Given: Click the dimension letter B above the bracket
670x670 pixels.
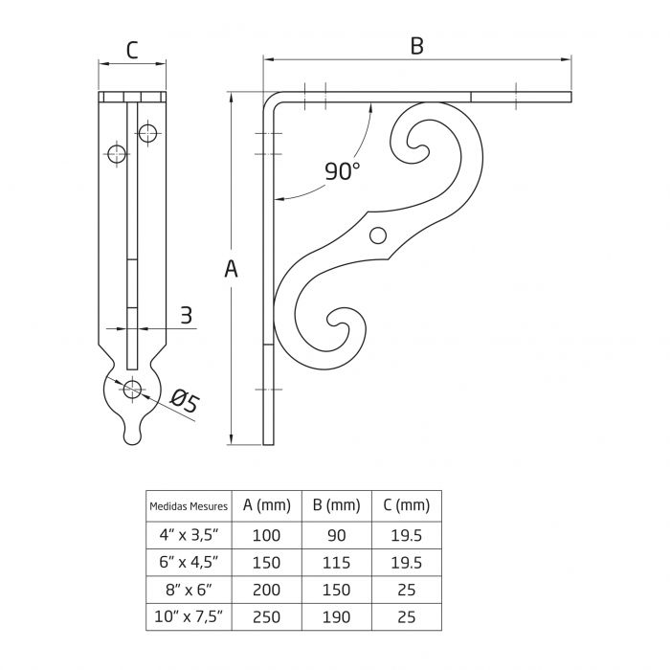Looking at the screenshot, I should (416, 46).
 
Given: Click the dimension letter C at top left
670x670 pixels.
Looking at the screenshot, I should (132, 51).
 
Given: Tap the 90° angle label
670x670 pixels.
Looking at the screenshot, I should (342, 171).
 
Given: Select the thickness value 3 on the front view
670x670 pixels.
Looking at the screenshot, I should (186, 314).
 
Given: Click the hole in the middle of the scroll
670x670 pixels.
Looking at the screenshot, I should (379, 234).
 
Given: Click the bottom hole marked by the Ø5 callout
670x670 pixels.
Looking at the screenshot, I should (132, 388).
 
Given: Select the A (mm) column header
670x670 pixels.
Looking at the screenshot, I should (266, 505).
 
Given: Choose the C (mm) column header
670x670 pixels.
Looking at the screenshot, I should (406, 505).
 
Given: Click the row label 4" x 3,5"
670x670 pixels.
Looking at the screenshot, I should (189, 535).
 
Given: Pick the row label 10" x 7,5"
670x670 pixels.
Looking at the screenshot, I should (189, 617).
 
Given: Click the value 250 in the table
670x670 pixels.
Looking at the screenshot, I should (266, 617).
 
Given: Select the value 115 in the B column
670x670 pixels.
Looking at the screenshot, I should (336, 562).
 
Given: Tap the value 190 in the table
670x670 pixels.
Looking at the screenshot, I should (336, 617).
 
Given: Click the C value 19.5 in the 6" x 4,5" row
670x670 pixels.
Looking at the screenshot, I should (406, 562).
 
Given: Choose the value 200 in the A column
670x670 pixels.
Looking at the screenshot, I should (266, 590).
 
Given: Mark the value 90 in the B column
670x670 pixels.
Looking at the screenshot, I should (336, 535).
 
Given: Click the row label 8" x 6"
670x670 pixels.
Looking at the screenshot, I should (189, 590).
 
